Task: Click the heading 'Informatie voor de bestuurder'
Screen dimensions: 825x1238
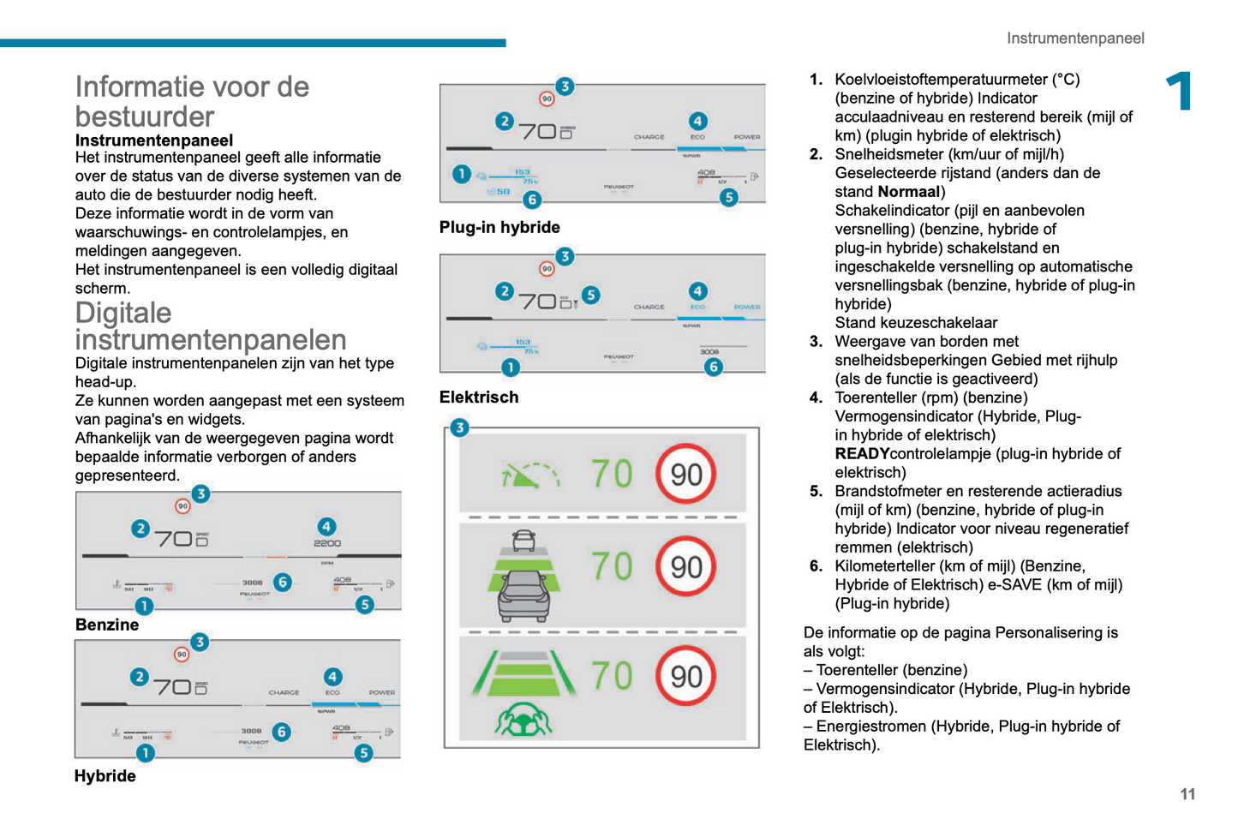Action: coord(192,101)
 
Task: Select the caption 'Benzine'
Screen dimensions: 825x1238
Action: coord(107,625)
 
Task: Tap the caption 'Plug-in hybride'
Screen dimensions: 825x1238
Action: coord(499,227)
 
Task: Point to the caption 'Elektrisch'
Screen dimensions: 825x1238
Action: coord(479,397)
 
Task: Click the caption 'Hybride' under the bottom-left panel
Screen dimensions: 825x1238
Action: coord(105,775)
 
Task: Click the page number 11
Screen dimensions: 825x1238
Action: coord(1187,794)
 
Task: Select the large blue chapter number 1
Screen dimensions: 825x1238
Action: coord(1180,91)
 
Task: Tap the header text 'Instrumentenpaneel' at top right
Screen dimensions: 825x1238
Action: coord(1075,38)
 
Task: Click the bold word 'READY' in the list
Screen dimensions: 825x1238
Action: coord(862,453)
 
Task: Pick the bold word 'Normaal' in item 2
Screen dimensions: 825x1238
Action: coord(908,191)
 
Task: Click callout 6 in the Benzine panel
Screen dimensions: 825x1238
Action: coord(283,583)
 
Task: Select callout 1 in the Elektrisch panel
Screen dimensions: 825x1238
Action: coord(511,368)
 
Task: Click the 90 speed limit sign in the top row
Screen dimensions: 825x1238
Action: coord(685,474)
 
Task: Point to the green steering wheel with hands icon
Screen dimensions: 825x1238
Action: coord(523,720)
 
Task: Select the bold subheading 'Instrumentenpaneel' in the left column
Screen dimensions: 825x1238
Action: coord(154,140)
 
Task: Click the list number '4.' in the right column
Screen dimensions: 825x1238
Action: coord(816,398)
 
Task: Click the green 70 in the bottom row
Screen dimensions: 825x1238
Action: coord(612,675)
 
